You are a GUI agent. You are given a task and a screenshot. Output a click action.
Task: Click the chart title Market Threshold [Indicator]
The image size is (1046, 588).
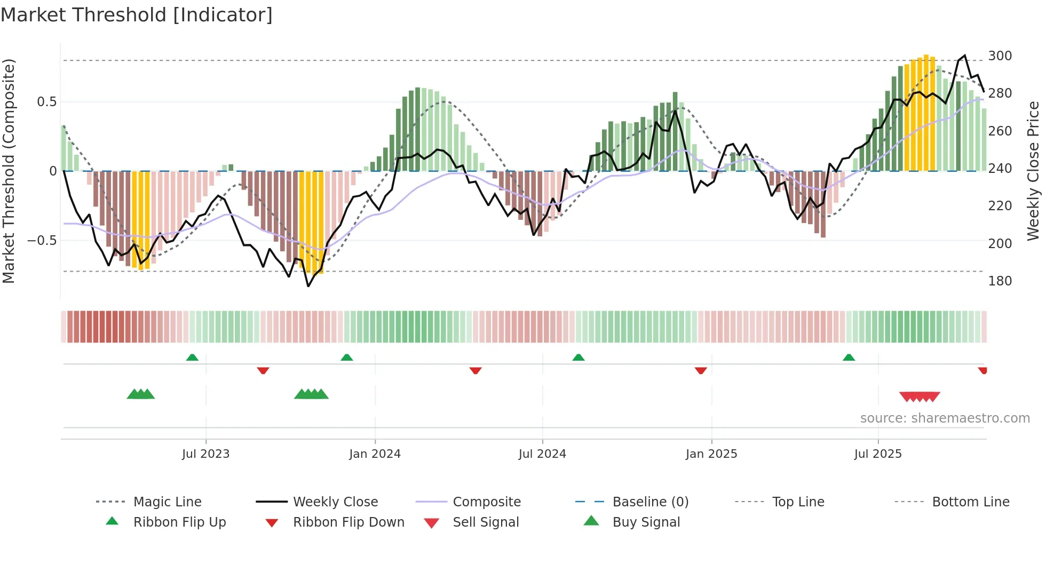coord(137,15)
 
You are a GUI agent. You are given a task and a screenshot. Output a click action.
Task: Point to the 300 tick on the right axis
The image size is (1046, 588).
coord(1000,56)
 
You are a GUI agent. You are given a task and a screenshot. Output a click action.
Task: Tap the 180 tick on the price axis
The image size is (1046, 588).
coord(1000,281)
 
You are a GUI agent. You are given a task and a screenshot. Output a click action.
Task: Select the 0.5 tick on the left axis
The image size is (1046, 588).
coord(46,102)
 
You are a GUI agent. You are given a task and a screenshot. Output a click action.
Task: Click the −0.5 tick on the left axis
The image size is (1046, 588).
coord(42,241)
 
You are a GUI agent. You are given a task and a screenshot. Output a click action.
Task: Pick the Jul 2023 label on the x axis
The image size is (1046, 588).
coord(205,454)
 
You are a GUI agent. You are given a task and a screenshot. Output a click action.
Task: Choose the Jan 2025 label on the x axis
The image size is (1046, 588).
coord(711,454)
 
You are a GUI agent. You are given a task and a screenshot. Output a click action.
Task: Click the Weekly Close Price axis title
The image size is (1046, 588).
coord(1033,171)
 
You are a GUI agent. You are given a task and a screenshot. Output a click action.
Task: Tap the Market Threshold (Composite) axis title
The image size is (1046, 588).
coord(9,171)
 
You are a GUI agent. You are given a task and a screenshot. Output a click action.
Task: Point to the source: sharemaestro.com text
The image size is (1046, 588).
coord(945,418)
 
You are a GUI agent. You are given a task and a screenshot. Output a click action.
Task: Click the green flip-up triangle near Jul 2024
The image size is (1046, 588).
coord(579,357)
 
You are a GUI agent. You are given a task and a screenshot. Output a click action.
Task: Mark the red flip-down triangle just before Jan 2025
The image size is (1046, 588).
coord(701,370)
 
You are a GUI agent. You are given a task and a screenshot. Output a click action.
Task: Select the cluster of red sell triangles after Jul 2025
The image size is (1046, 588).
coord(919,396)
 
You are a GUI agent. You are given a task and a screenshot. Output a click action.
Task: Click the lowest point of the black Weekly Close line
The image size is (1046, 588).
coord(308,286)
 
